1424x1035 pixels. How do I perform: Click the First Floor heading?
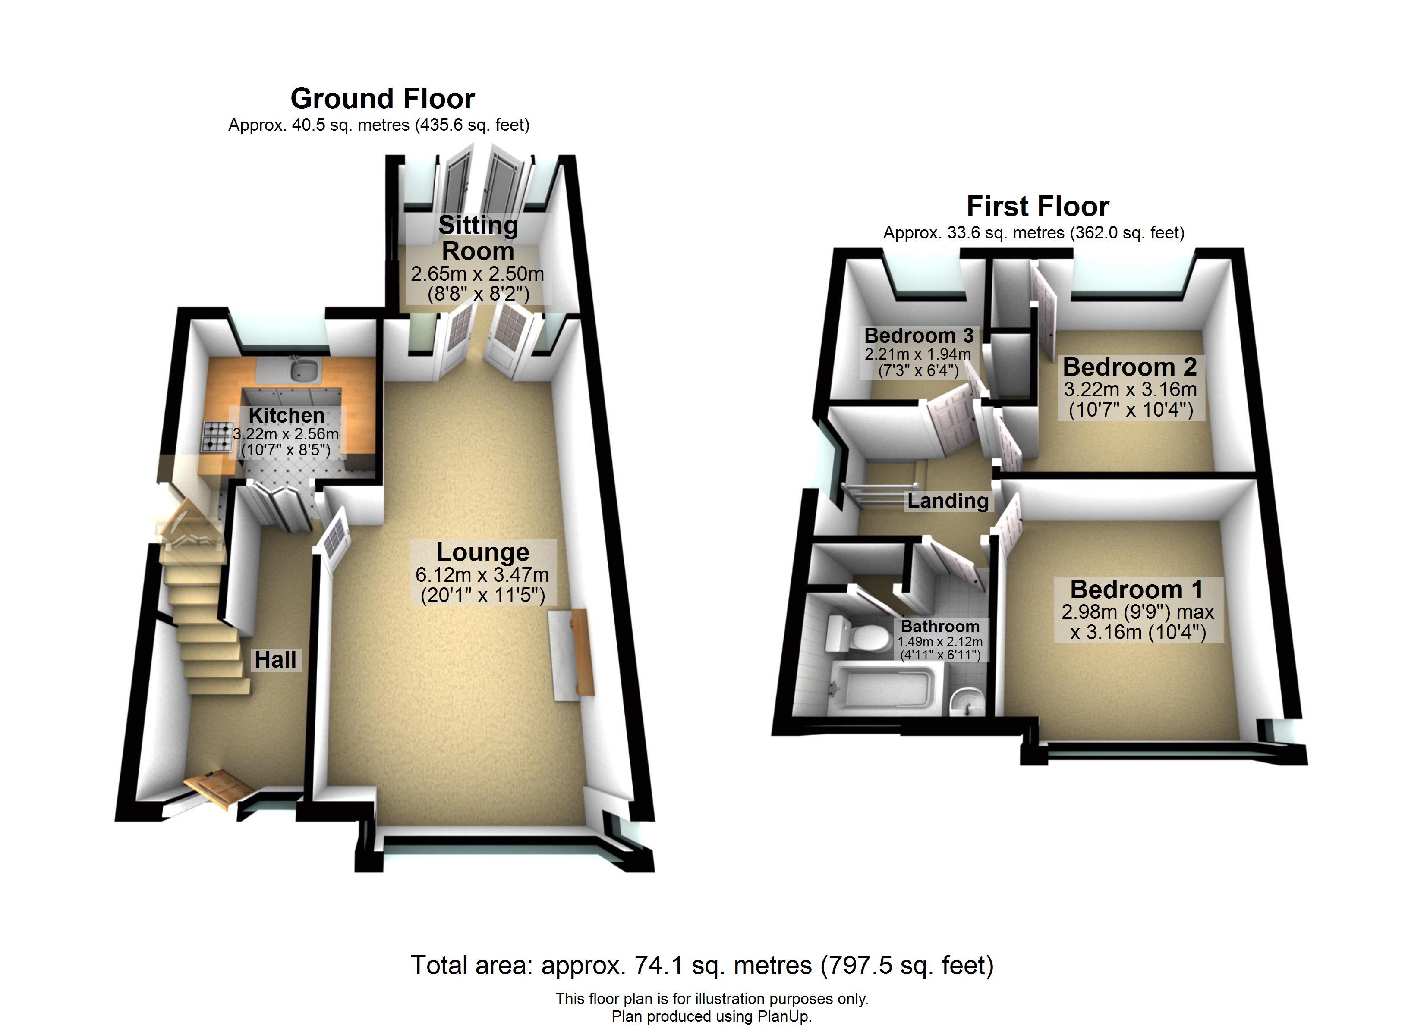pos(1038,207)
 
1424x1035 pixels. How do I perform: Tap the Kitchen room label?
pos(286,415)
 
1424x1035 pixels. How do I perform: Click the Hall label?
pos(276,660)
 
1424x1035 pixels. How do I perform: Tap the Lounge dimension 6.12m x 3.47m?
pos(482,574)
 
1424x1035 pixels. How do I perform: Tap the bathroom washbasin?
pos(967,702)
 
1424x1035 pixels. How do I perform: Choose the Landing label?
pos(948,501)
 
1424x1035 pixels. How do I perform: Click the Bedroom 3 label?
pos(919,336)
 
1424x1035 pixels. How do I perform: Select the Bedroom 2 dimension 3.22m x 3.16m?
pos(1130,389)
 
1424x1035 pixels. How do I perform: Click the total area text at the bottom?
pos(702,965)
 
